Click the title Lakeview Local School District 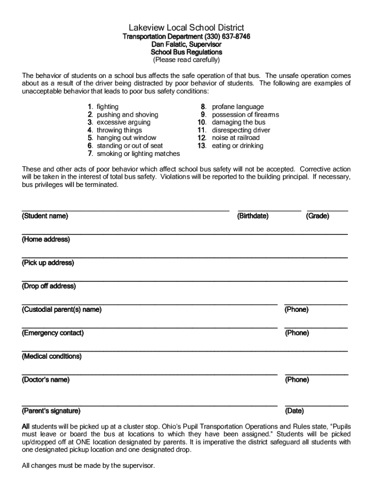[x=186, y=28]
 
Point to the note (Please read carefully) [x=186, y=60]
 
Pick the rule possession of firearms [x=245, y=115]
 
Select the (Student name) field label [x=45, y=216]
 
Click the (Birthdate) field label [x=253, y=216]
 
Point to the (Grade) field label [x=318, y=216]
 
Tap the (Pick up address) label [x=48, y=263]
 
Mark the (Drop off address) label [x=49, y=286]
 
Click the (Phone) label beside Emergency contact [x=296, y=333]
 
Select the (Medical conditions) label [x=51, y=356]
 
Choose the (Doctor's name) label [x=46, y=380]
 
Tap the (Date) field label [x=294, y=411]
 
